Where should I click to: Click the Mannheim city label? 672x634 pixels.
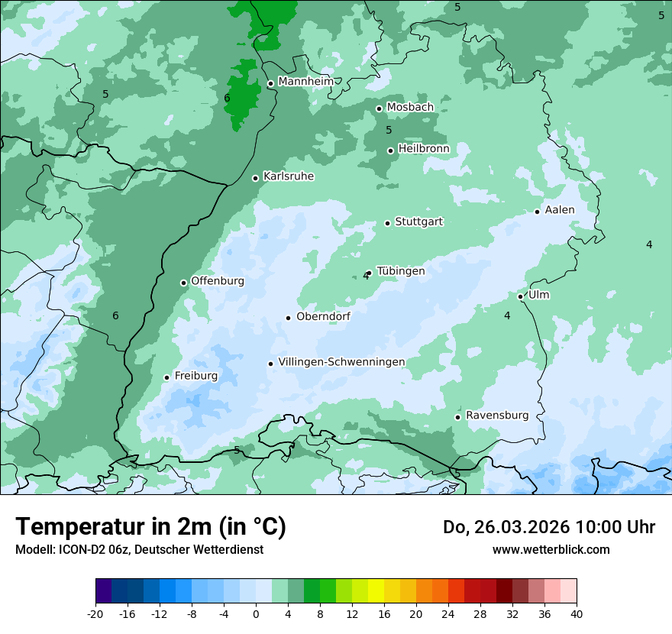306,81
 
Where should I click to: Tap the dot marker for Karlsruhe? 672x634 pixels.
256,178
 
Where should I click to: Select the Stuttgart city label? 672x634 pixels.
418,222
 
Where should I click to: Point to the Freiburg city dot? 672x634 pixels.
166,377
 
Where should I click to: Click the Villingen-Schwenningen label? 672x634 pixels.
341,362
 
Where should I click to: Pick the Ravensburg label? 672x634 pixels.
497,416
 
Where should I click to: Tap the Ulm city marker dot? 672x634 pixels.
520,296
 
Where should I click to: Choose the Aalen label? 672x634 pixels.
560,209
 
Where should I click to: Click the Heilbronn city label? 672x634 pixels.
424,148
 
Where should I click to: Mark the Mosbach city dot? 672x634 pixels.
379,108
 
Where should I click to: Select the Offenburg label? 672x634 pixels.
218,281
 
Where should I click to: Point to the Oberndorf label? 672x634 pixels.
323,316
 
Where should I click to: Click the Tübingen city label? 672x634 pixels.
401,271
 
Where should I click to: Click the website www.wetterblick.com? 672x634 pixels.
551,549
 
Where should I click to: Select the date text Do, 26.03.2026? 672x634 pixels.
506,527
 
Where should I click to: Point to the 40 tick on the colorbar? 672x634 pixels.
576,614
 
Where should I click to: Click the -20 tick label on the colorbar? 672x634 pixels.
95,614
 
